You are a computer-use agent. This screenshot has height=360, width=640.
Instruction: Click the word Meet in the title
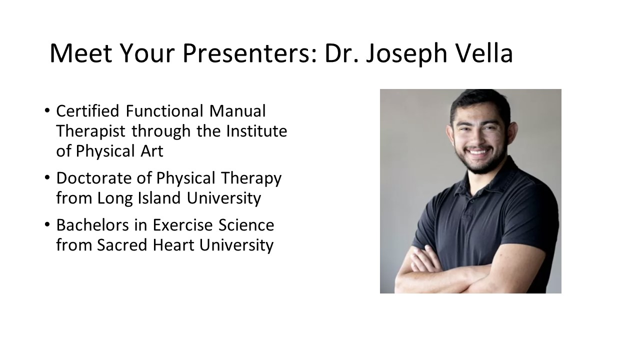click(81, 53)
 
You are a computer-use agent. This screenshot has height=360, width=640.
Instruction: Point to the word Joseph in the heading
click(406, 54)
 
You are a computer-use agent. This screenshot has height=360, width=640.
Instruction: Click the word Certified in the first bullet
click(87, 111)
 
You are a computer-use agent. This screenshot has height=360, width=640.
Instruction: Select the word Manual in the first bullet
click(237, 111)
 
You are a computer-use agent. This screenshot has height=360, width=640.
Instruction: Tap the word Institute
click(256, 131)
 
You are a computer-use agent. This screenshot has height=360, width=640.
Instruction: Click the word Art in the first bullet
click(151, 151)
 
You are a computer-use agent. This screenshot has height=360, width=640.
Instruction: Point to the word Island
click(159, 197)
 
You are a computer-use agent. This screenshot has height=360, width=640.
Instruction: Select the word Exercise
click(183, 225)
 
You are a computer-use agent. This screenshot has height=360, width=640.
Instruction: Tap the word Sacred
click(122, 245)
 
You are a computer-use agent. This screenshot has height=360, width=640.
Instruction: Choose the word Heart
click(173, 245)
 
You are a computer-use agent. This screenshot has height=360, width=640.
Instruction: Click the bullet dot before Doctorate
click(47, 177)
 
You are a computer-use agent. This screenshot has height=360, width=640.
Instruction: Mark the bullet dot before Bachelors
click(47, 224)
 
